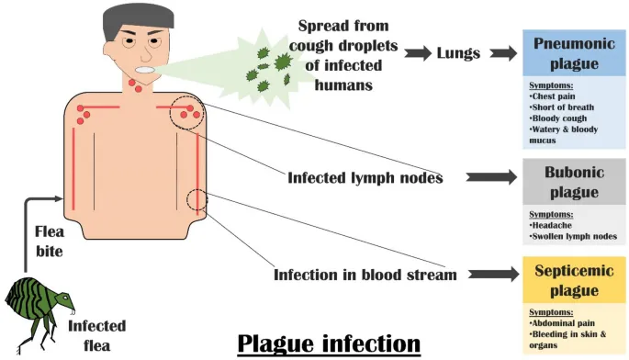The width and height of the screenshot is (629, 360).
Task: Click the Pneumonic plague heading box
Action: click(x=574, y=53)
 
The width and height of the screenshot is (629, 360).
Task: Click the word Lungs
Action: click(x=458, y=53)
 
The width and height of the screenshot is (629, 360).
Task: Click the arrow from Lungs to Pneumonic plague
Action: click(x=505, y=53)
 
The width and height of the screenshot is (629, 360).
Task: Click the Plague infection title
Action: click(x=329, y=343)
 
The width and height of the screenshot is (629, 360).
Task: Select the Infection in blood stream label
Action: click(x=365, y=275)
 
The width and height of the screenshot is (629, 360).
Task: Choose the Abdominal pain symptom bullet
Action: click(x=563, y=323)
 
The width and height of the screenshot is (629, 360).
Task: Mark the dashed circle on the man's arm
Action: click(x=197, y=200)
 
